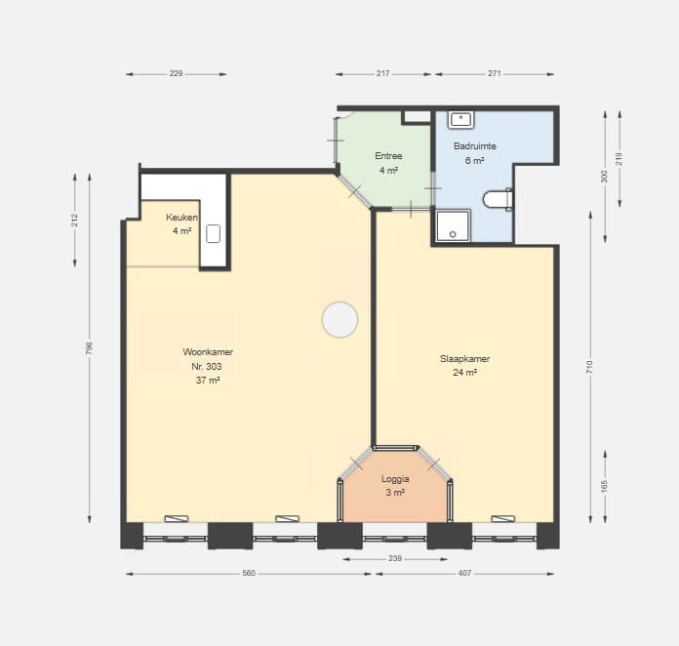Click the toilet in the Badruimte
[498, 199]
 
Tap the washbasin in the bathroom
[460, 120]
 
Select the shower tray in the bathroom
[453, 225]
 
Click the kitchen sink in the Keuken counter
[213, 234]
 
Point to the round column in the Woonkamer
[339, 319]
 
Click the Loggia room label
[395, 479]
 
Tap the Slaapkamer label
[464, 359]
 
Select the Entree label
[388, 155]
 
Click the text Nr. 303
[207, 366]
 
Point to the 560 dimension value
[249, 573]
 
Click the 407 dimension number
[464, 573]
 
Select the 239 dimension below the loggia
[395, 558]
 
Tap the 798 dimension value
[89, 348]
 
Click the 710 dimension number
[590, 368]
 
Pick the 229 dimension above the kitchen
[176, 73]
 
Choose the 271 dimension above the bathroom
[495, 73]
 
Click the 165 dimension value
[605, 486]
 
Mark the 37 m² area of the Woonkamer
[208, 380]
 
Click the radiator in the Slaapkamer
[503, 518]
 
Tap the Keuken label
[181, 217]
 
